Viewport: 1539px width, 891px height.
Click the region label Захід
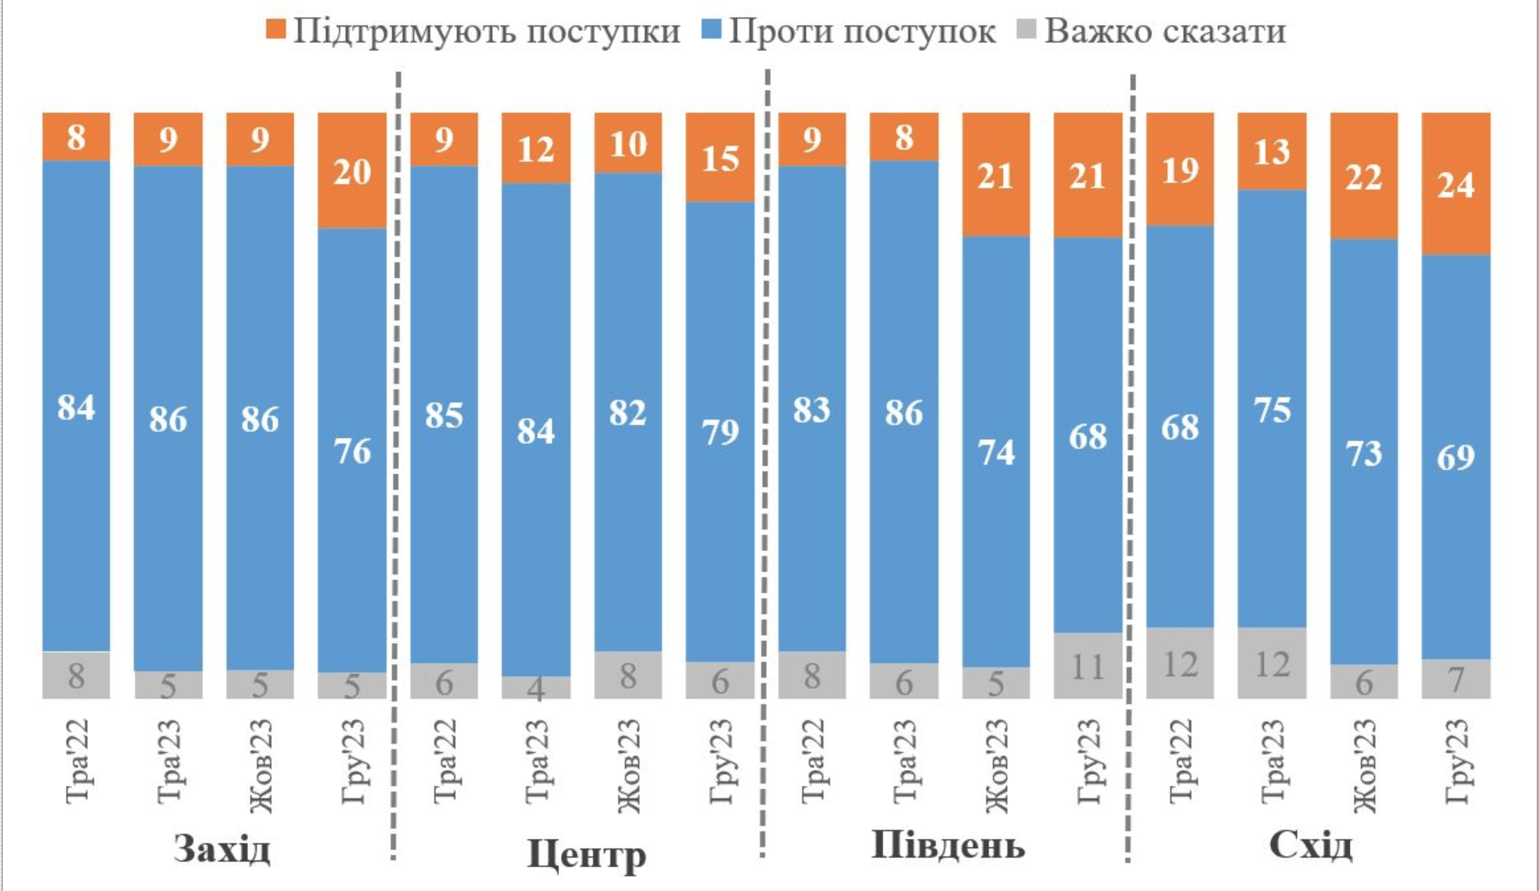coord(222,848)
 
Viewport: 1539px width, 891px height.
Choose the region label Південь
coord(948,846)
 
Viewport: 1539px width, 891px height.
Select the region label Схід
coord(1311,846)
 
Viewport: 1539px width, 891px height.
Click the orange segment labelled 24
coord(1456,183)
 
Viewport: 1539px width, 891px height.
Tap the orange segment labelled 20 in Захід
coord(353,171)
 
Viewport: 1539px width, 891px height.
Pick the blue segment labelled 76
coord(353,450)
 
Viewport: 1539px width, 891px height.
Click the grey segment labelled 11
coord(1087,665)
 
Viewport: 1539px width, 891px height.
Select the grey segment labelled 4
coord(536,687)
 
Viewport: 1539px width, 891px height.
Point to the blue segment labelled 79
coord(720,431)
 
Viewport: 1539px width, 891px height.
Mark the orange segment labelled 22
coord(1364,177)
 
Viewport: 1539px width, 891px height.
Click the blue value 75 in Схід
coord(1272,410)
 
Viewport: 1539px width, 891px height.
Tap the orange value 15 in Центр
coord(720,159)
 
